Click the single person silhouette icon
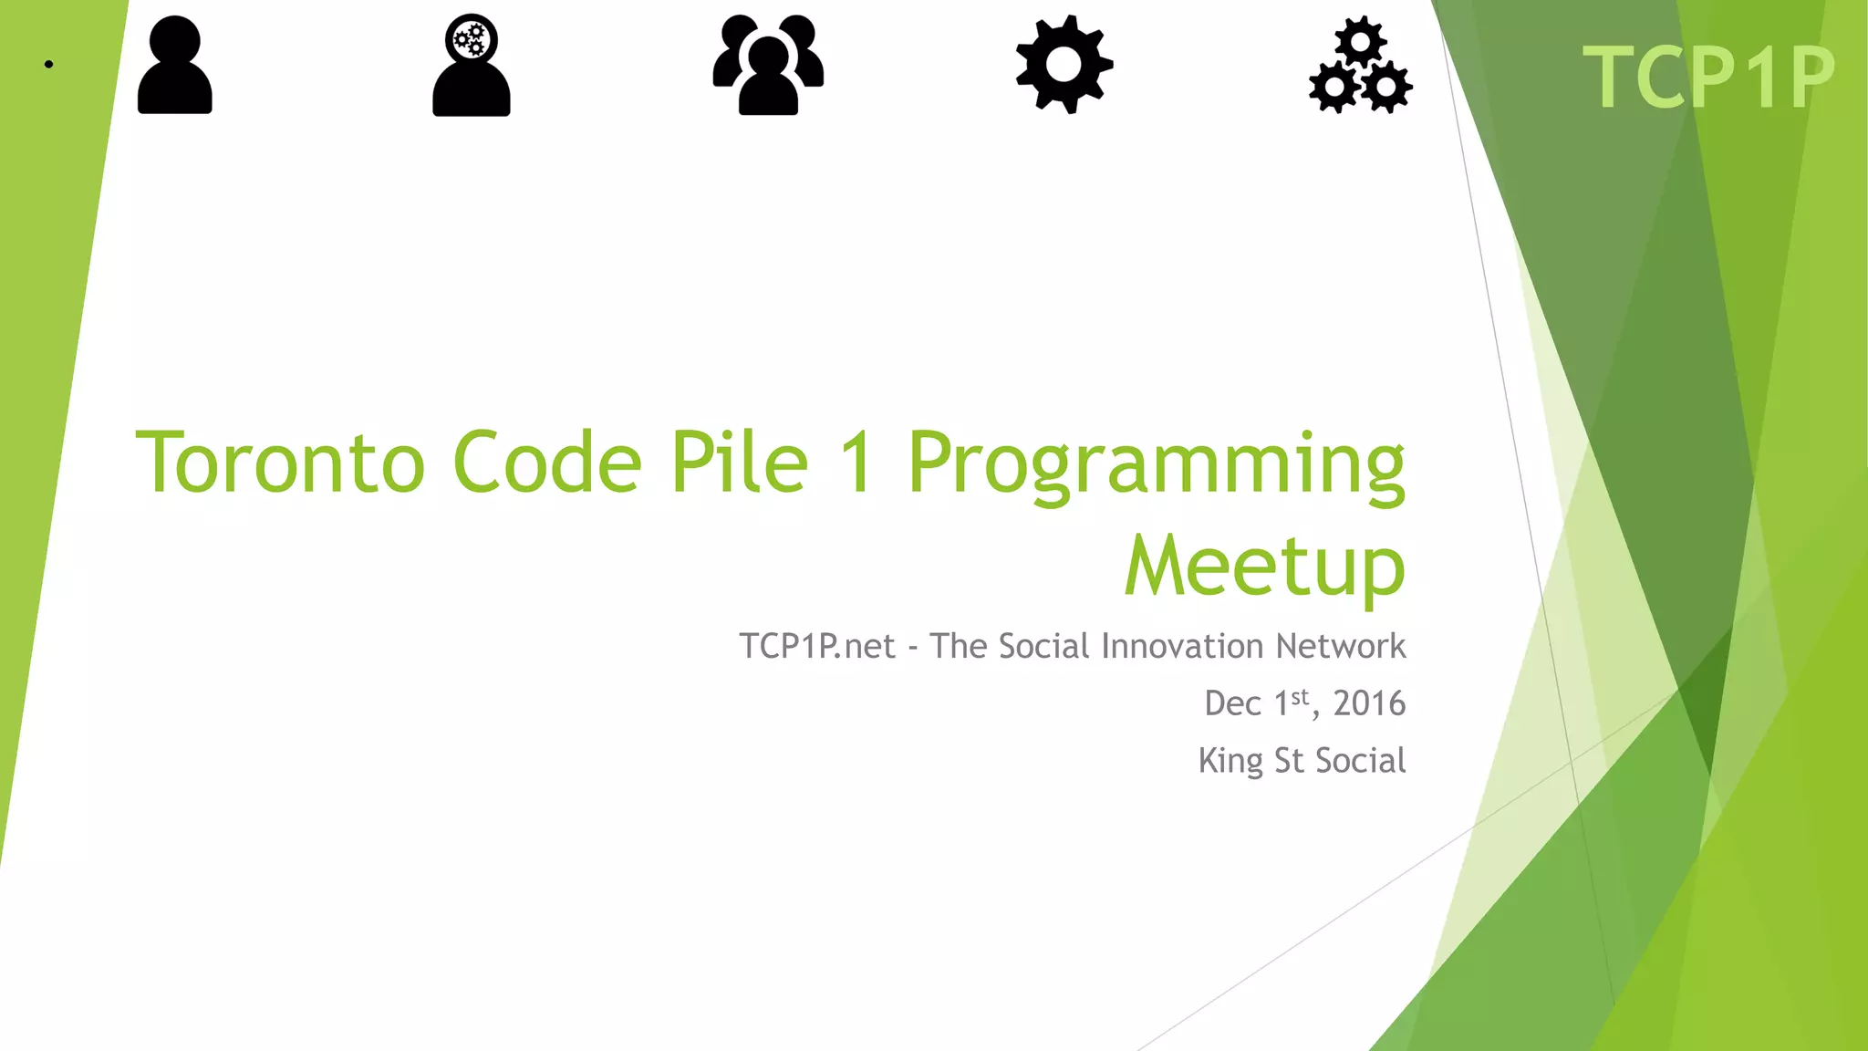tap(174, 65)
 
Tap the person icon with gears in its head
tap(471, 65)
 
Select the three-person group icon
tap(768, 65)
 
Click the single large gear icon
tap(1064, 65)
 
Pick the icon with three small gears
tap(1360, 65)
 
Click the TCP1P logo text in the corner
tap(1708, 78)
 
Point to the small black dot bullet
tap(48, 64)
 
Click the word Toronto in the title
tap(280, 463)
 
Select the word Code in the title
tap(547, 463)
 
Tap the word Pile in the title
tap(740, 463)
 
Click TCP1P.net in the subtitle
tap(817, 646)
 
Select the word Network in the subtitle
tap(1340, 646)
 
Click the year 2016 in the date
tap(1369, 703)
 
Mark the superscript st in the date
tap(1300, 697)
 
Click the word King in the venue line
tap(1230, 761)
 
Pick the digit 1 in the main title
tap(857, 463)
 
